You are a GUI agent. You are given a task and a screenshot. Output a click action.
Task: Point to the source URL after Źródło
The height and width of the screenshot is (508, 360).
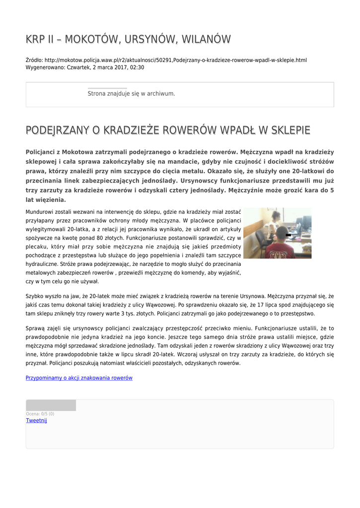pos(176,60)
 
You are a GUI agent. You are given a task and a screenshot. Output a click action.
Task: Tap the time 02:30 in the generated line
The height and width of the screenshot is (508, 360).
pos(137,67)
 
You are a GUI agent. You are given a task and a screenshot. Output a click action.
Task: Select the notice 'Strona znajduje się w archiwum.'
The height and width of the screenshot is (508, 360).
pos(131,93)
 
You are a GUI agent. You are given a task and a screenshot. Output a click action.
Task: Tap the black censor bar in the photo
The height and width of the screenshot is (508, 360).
pos(288,235)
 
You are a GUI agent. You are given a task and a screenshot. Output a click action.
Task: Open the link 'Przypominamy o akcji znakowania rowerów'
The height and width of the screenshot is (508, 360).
pos(79,378)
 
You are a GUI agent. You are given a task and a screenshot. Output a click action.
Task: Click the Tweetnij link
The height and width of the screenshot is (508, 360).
pos(36,421)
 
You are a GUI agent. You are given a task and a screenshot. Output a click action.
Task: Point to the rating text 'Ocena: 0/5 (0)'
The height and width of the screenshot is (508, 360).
pos(40,414)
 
